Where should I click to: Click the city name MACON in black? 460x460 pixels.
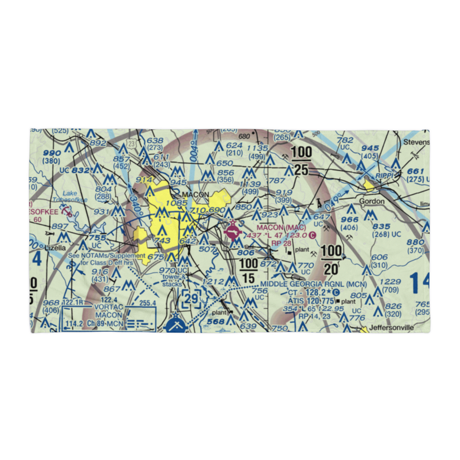tap(195, 195)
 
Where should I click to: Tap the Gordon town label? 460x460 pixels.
tap(372, 201)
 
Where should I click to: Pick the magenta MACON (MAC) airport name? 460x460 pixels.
tap(281, 228)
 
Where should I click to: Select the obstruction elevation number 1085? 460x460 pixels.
tap(177, 202)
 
